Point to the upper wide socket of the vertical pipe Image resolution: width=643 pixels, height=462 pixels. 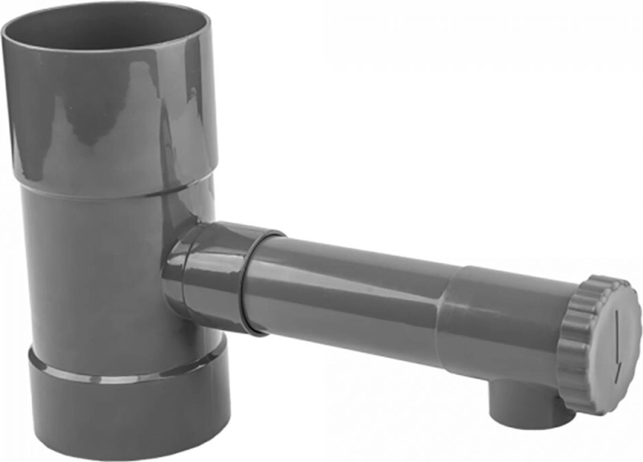pyautogui.click(x=111, y=115)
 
